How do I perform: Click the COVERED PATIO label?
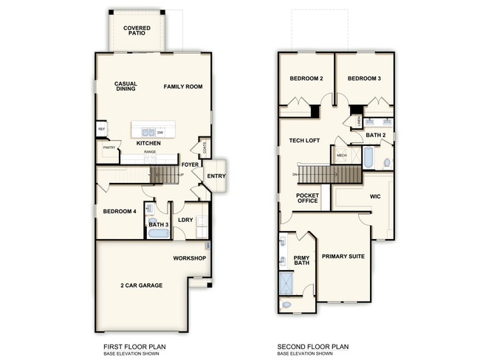137,31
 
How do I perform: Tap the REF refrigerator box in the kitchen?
101,130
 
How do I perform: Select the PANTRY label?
107,149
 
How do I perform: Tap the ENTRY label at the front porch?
216,176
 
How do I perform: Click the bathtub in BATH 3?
158,234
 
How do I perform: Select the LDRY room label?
185,219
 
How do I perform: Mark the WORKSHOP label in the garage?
189,258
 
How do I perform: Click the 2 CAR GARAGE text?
141,285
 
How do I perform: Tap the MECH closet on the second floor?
342,156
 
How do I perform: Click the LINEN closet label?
359,120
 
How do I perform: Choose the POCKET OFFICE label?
307,198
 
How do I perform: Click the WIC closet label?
374,197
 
